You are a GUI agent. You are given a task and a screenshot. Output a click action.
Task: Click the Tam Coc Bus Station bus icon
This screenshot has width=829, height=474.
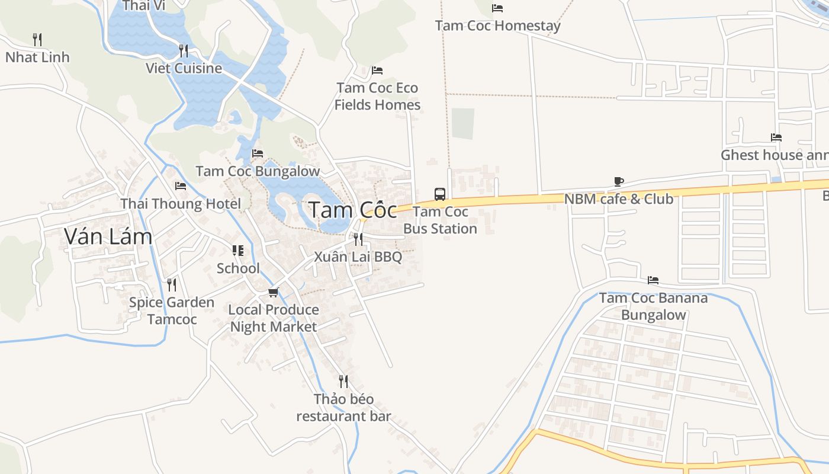pos(440,194)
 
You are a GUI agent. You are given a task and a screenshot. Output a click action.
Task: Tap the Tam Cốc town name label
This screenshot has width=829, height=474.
pos(353,210)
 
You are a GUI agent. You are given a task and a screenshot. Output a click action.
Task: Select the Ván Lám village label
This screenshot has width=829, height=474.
pos(108,236)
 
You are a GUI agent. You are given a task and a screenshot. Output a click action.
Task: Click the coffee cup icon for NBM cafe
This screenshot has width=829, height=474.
pos(619,181)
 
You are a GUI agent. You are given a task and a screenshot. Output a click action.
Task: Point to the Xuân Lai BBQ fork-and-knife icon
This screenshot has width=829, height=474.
pos(358,239)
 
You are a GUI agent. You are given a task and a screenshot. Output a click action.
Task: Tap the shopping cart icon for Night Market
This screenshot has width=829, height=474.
pos(273,292)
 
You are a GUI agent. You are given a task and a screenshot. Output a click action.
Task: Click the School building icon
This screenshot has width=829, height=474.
pos(238,251)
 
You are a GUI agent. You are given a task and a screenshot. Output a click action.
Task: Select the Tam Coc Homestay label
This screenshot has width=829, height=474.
pos(497,26)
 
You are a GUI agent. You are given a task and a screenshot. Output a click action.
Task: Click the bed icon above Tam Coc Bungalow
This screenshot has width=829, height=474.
pos(258,153)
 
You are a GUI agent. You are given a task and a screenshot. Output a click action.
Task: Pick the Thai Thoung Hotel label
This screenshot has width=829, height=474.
pos(181,204)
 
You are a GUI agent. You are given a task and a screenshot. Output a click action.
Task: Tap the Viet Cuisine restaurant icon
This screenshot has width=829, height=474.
pos(184,50)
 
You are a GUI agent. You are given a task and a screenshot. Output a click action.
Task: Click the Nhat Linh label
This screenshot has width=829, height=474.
pos(37,57)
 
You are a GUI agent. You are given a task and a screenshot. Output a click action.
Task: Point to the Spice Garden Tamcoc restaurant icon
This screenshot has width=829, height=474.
pos(172,284)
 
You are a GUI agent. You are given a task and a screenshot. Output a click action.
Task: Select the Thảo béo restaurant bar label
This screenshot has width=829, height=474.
pos(343,408)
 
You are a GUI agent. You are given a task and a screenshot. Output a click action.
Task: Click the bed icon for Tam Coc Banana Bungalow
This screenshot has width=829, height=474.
pos(653,280)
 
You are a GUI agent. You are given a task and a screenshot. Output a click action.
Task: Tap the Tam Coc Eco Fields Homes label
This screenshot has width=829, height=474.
pos(377,97)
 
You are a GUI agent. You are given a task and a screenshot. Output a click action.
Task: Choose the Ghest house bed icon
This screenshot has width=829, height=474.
pos(776,137)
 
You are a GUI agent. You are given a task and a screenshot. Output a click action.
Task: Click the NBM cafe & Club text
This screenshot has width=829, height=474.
pos(619,199)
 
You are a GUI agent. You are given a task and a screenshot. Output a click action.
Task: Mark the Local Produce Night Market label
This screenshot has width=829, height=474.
pos(274,318)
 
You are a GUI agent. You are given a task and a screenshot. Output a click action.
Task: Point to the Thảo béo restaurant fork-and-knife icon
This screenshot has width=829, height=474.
pos(343,380)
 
